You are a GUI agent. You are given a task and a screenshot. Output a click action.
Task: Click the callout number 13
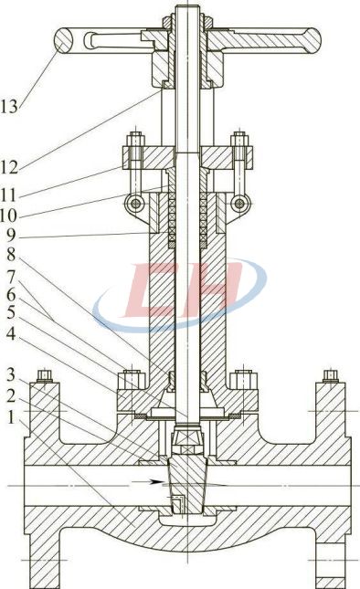[x=9, y=107]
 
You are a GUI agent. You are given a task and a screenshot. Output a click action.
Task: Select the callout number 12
[x=9, y=167]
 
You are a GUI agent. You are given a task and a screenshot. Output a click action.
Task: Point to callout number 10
[x=8, y=216]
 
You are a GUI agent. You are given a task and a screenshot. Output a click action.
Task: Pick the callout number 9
[x=11, y=236]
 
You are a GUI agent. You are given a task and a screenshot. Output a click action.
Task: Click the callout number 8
[x=11, y=254]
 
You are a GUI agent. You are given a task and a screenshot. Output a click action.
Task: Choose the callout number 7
[x=11, y=277]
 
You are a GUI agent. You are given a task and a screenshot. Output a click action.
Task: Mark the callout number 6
[x=11, y=295]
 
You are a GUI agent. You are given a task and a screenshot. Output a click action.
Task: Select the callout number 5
[x=11, y=312]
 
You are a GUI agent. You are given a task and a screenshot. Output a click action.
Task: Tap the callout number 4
[x=11, y=333]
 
